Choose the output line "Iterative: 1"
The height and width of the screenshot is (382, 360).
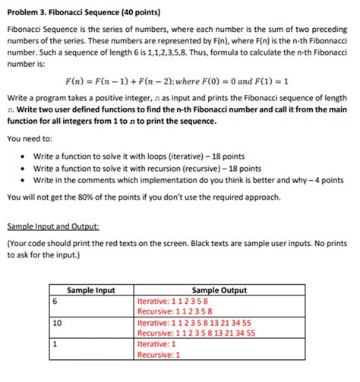coord(158,343)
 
